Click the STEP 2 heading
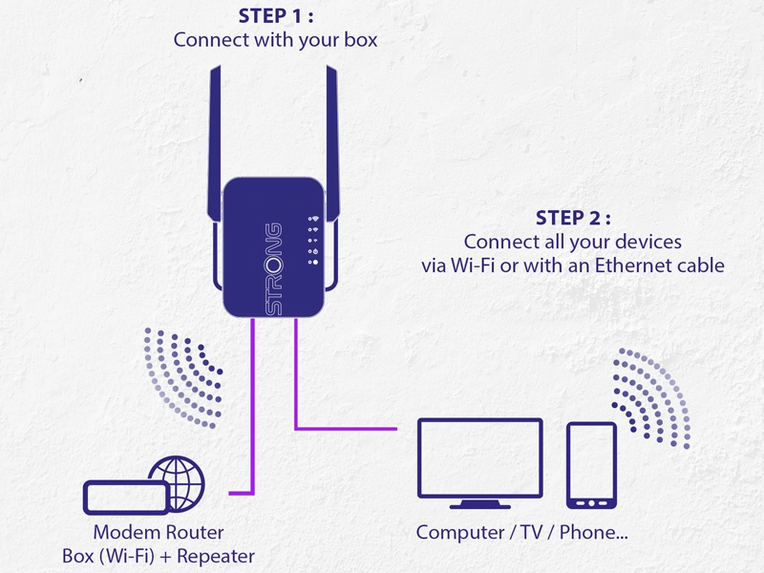572,218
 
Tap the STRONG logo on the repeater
273,269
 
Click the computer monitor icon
481,457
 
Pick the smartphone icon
591,465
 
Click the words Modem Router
158,532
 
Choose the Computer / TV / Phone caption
522,532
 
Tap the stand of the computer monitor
481,501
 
